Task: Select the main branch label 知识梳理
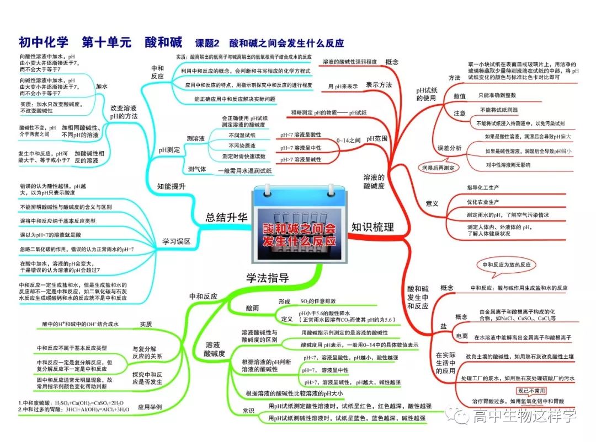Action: (x=372, y=227)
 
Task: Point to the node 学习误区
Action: (x=175, y=241)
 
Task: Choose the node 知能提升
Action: (x=171, y=186)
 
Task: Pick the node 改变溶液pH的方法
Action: (x=124, y=112)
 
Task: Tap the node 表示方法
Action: (x=379, y=85)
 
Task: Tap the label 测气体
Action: (x=196, y=170)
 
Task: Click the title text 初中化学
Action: (x=44, y=42)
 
